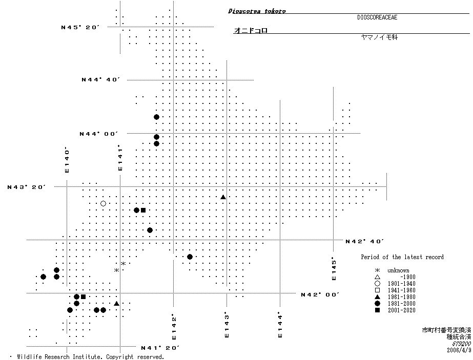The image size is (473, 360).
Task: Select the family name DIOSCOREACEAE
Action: tap(377, 17)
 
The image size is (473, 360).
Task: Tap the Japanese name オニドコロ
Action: tap(251, 31)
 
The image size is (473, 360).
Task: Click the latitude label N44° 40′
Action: tap(101, 79)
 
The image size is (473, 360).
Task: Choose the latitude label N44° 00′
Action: tap(99, 134)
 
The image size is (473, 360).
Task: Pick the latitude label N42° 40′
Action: tap(365, 241)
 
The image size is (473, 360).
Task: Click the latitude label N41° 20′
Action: tap(160, 348)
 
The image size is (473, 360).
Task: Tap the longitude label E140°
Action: tap(67, 160)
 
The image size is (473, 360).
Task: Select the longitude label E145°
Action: tap(334, 268)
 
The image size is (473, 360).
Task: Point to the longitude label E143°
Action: tap(226, 325)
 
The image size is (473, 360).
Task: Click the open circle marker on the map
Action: tap(103, 204)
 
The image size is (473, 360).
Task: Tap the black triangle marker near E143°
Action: tap(223, 197)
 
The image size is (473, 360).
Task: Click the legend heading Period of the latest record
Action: tap(402, 257)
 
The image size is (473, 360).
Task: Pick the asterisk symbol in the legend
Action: tap(377, 270)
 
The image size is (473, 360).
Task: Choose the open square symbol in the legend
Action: tap(377, 290)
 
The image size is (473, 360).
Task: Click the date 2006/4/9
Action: tap(458, 350)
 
